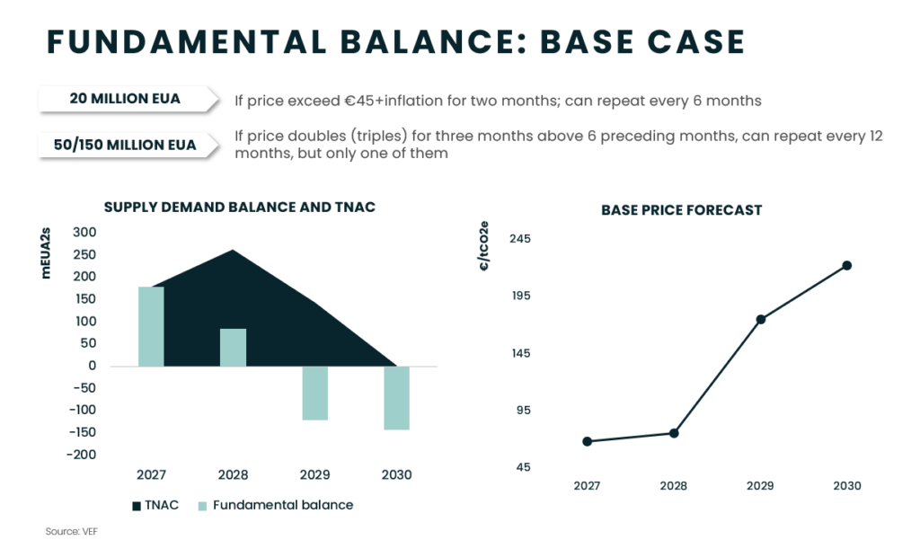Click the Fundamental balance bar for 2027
pos(151,326)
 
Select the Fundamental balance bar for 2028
pos(233,348)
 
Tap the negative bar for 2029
pos(315,394)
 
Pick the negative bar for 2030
pos(396,398)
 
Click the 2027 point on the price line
pos(588,441)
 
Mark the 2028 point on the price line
pos(674,433)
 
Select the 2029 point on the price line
pos(761,319)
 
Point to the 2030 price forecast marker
pos(847,266)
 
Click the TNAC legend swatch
pos(137,506)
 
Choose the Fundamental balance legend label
pos(283,505)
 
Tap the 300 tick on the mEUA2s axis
pos(84,233)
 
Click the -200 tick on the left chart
pos(82,455)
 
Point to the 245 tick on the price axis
pos(520,239)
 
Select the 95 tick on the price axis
pos(524,411)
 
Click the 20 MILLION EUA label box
pos(128,99)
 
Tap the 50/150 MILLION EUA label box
pos(128,145)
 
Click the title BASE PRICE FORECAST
pos(682,210)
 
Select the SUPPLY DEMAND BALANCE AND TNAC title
pos(239,208)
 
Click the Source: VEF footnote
pos(72,531)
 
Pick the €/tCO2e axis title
pos(484,246)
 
